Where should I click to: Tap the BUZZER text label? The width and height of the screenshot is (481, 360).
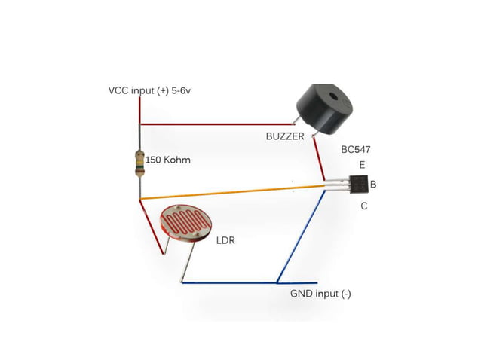tap(284, 136)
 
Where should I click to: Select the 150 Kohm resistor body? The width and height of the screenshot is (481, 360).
tap(139, 161)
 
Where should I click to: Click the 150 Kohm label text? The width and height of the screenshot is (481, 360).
tap(167, 160)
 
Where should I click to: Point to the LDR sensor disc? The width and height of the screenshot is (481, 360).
tap(187, 224)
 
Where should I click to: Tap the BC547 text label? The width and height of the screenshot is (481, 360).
tap(357, 150)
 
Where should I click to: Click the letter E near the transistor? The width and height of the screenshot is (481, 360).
tap(362, 165)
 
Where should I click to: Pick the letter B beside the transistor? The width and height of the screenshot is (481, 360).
tap(374, 185)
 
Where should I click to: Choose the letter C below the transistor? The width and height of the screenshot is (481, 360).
tap(363, 206)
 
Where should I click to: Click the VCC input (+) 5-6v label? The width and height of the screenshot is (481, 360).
tap(153, 91)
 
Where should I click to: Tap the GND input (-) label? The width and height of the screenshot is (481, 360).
tap(320, 294)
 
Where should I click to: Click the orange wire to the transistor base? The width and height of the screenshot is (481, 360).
tap(226, 190)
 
